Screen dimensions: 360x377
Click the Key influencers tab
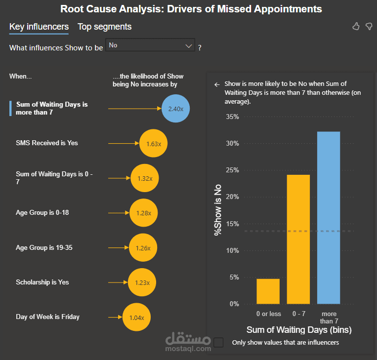(x=39, y=27)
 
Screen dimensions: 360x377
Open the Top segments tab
(x=104, y=27)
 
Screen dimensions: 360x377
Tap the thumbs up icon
(x=356, y=26)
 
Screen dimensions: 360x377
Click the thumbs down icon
(x=369, y=26)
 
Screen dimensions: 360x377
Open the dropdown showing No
(x=151, y=45)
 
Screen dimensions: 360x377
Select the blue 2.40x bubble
(x=176, y=108)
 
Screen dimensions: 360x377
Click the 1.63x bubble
(x=154, y=144)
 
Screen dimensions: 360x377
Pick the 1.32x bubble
(x=145, y=178)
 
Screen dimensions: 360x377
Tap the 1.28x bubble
(x=143, y=213)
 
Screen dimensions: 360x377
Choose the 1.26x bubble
(x=143, y=248)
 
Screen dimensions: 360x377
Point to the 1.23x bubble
(x=142, y=282)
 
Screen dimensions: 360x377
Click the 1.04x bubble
(x=136, y=318)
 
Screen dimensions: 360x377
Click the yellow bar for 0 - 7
(x=298, y=240)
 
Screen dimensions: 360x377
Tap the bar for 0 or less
(x=268, y=291)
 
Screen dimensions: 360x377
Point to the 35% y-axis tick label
(x=232, y=117)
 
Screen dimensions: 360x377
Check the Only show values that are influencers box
(x=219, y=342)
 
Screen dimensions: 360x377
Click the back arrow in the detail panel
(x=216, y=84)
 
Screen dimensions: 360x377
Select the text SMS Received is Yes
(x=47, y=143)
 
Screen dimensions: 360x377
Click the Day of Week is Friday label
(x=47, y=317)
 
